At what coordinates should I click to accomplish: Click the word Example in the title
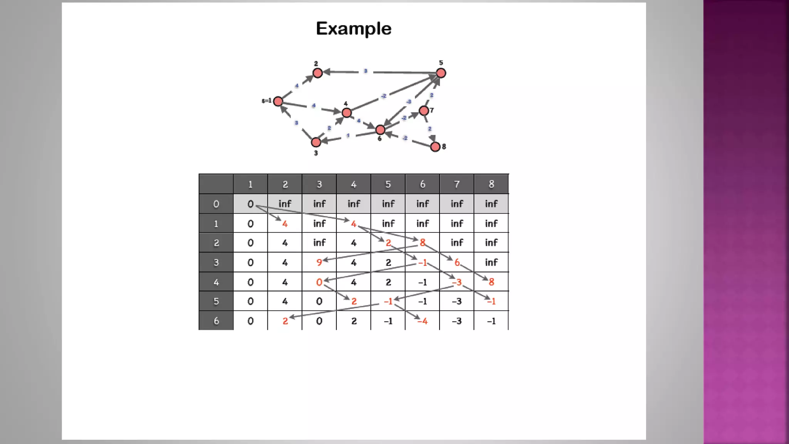tap(353, 29)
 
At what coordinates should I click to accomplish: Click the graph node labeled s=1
tap(278, 101)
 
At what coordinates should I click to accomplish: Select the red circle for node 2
tap(317, 73)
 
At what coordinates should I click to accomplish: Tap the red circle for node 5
tap(441, 73)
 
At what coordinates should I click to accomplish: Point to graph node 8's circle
tap(435, 146)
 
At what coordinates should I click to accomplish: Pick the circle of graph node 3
tap(316, 142)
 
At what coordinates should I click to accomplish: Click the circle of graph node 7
tap(424, 111)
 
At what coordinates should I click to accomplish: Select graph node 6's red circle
tap(380, 130)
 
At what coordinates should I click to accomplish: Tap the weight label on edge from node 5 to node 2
tap(366, 71)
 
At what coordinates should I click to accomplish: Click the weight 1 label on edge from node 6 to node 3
tap(348, 136)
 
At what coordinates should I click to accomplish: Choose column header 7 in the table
tap(457, 184)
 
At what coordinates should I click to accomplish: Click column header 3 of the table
tap(319, 184)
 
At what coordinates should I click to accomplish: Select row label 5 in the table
tap(216, 301)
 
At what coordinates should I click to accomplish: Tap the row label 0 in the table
tap(216, 204)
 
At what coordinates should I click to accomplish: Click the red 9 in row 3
tap(319, 262)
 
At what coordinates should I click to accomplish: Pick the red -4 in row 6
tap(423, 321)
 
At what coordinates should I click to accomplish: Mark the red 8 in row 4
tap(491, 282)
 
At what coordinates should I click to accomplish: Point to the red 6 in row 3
tap(457, 262)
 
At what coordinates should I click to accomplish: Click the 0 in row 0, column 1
tap(250, 204)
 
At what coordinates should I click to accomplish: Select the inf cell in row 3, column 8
tap(491, 262)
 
